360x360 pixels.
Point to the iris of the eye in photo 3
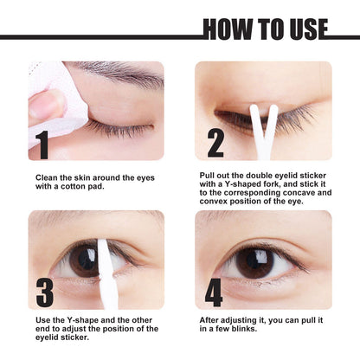(x=84, y=260)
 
